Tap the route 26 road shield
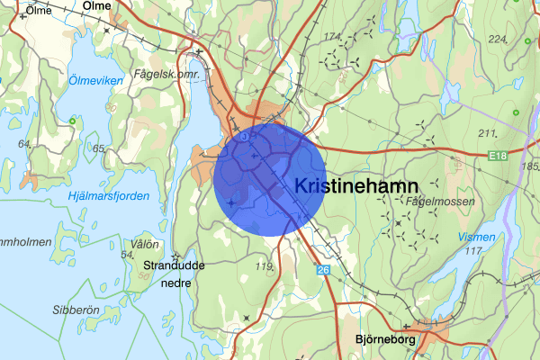[323, 269]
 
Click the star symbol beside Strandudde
[175, 256]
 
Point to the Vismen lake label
[477, 237]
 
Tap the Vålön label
[144, 244]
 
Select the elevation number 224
[498, 39]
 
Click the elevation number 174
[334, 36]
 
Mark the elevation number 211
[490, 133]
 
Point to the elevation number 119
[264, 266]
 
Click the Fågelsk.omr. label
[163, 74]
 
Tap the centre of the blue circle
[269, 180]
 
